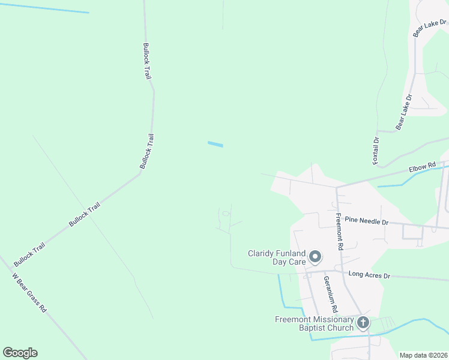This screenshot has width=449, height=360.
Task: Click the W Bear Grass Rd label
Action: click(x=29, y=293)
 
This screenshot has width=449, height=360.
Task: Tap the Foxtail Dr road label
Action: click(x=376, y=151)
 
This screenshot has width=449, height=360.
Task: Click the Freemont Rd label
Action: click(x=340, y=232)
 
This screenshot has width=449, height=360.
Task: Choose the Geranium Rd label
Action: click(x=330, y=293)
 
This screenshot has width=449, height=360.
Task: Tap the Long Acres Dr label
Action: click(x=369, y=275)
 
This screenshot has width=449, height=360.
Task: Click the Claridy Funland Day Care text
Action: click(x=277, y=257)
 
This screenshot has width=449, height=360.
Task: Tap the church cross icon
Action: click(x=363, y=323)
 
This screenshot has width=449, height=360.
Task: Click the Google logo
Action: click(x=20, y=353)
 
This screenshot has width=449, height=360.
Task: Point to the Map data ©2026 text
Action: click(x=423, y=355)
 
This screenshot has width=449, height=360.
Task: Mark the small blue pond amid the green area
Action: click(x=215, y=144)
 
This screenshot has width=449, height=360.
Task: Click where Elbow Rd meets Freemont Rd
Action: click(x=337, y=187)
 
